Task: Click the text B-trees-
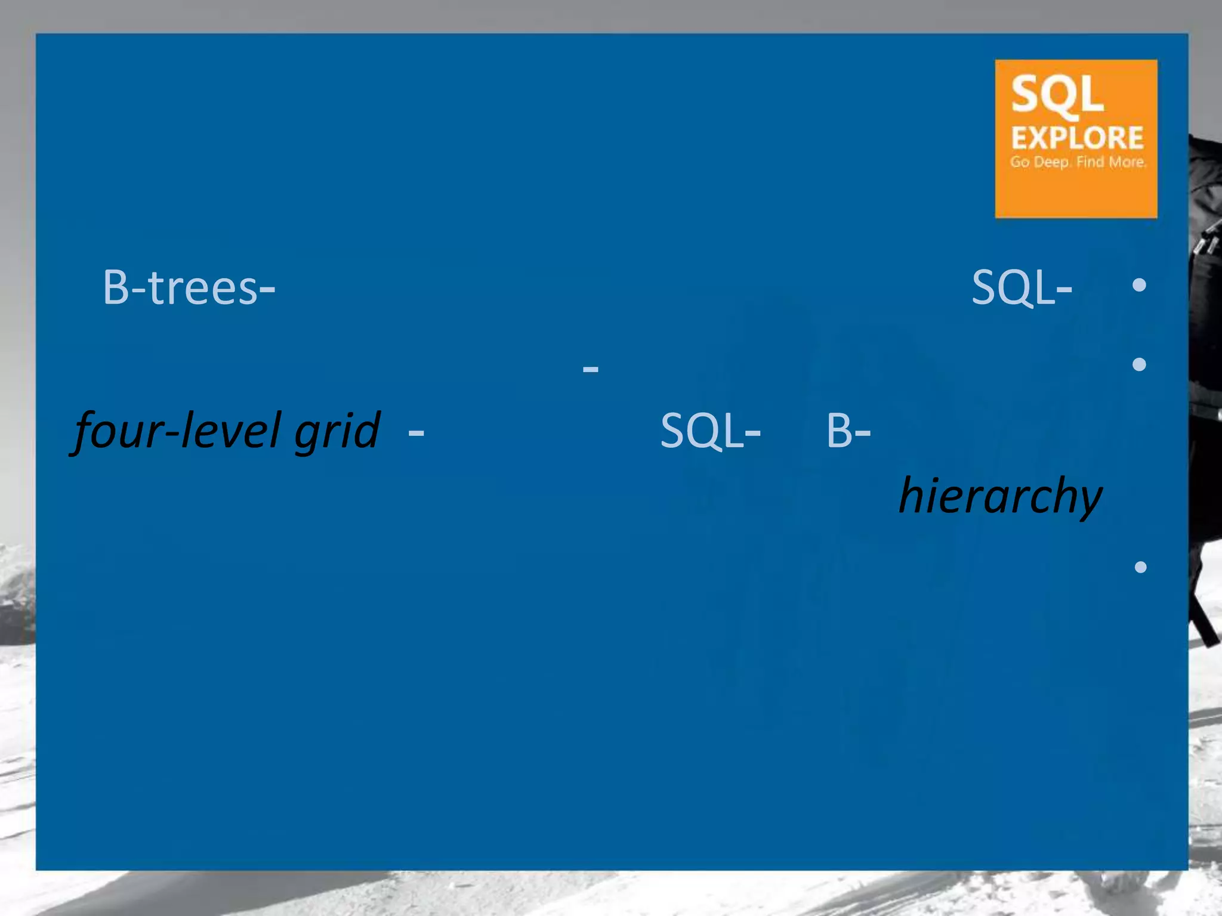point(189,288)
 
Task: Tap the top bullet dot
point(1139,285)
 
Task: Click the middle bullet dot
point(1139,364)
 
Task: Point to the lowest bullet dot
point(1140,567)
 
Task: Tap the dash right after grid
point(416,431)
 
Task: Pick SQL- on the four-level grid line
point(710,431)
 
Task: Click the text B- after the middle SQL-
point(848,431)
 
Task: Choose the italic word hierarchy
point(1001,496)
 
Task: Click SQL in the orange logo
point(1057,94)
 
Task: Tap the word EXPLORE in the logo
point(1077,138)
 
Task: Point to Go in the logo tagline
point(1020,162)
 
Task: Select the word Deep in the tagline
point(1052,162)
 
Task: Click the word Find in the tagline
point(1090,162)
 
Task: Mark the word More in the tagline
point(1127,162)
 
